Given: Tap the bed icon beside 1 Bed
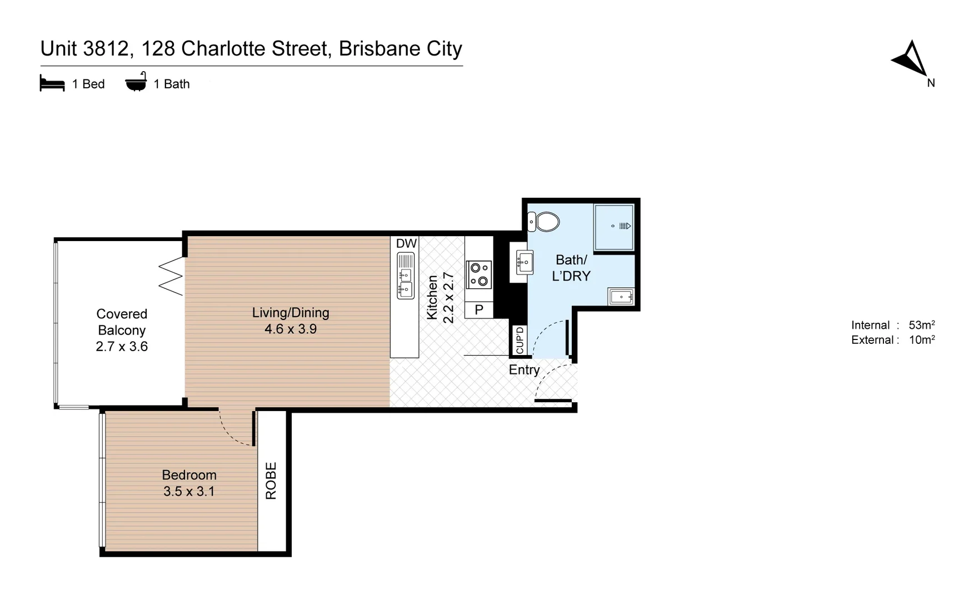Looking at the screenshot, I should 52,83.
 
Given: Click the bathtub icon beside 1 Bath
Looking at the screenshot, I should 136,82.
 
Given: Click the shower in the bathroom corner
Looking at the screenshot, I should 613,227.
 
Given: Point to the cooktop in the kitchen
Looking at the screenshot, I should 478,274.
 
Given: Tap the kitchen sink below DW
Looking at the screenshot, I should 406,276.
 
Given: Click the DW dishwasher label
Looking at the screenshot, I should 406,243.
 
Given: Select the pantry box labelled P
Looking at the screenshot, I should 479,309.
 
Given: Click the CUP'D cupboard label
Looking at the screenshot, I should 520,339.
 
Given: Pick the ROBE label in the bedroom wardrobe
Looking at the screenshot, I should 271,481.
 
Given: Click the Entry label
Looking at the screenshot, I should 524,370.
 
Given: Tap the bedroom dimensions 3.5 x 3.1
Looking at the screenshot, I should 189,491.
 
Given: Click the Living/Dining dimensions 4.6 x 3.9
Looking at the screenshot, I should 291,329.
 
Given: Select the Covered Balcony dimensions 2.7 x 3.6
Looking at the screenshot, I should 122,347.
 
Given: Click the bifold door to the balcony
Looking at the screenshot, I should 172,276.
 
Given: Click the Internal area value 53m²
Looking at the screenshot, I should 921,325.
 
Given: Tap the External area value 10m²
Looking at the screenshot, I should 921,340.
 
